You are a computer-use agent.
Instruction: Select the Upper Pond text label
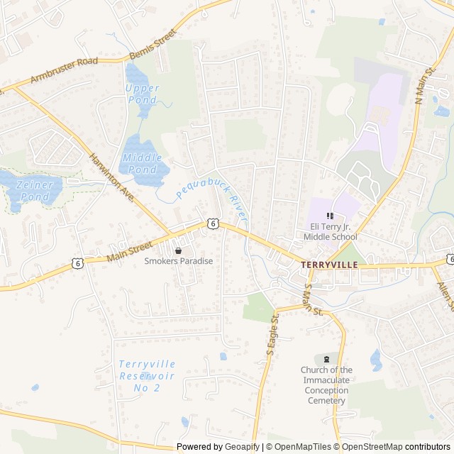click(x=142, y=94)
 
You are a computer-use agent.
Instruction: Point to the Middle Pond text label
click(x=142, y=163)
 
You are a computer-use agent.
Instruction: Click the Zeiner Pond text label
click(x=34, y=190)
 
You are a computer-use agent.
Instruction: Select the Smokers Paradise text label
click(x=178, y=261)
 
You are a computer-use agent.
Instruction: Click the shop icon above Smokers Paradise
click(x=178, y=250)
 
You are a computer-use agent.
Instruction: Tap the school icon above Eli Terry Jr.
click(x=329, y=216)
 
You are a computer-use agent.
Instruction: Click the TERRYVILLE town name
click(x=329, y=264)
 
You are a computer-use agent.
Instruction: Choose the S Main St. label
click(x=312, y=300)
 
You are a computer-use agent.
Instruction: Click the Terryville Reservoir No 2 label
click(x=147, y=375)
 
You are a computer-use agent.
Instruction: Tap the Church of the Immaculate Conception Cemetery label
click(x=326, y=385)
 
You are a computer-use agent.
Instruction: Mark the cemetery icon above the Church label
click(x=326, y=359)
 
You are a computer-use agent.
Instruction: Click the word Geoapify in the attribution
click(x=242, y=447)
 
